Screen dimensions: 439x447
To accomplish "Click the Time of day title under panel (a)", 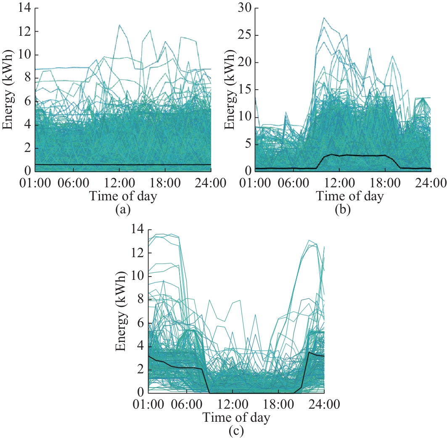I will pos(122,197).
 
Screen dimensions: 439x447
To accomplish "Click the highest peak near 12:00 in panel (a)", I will pos(119,25).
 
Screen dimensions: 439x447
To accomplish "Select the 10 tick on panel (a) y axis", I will pos(20,55).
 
